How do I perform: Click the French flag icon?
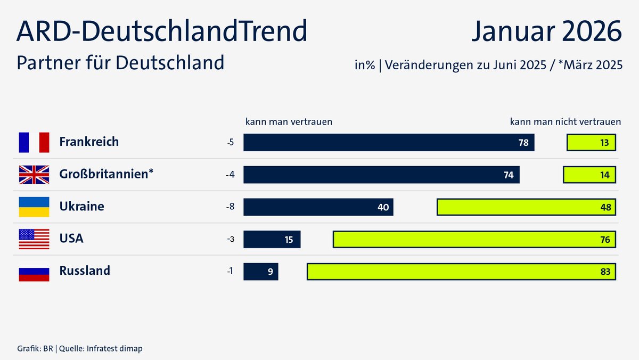coord(34,142)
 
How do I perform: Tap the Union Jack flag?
coord(34,175)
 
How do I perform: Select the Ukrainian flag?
coord(34,207)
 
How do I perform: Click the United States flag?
coord(34,239)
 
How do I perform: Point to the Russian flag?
coord(34,271)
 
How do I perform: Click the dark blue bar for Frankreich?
coord(389,143)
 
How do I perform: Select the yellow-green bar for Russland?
coord(461,272)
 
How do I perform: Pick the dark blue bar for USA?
coord(272,239)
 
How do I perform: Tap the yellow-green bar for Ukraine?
coord(526,207)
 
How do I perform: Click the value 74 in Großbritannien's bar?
coord(509,175)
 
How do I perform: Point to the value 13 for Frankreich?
coord(604,143)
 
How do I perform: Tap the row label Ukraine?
coord(81,207)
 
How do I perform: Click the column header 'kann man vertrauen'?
coord(289,121)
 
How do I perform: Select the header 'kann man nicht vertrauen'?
coord(566,121)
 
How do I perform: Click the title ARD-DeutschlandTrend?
coord(162,32)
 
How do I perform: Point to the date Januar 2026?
coord(546,32)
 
